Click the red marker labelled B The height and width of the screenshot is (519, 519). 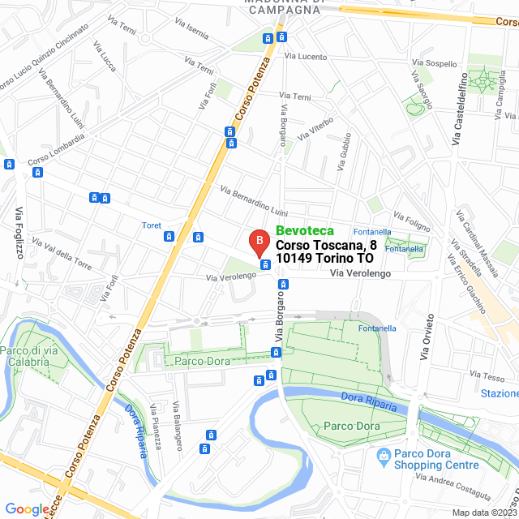coord(257,242)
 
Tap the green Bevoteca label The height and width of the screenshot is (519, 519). coord(304,231)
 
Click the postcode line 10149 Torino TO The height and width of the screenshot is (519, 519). coord(324,258)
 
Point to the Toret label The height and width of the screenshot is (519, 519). coord(152,225)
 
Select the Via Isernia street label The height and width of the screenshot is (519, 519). coord(192,33)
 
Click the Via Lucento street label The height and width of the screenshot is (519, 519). coord(306,57)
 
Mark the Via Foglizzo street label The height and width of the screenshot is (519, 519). coord(18,226)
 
